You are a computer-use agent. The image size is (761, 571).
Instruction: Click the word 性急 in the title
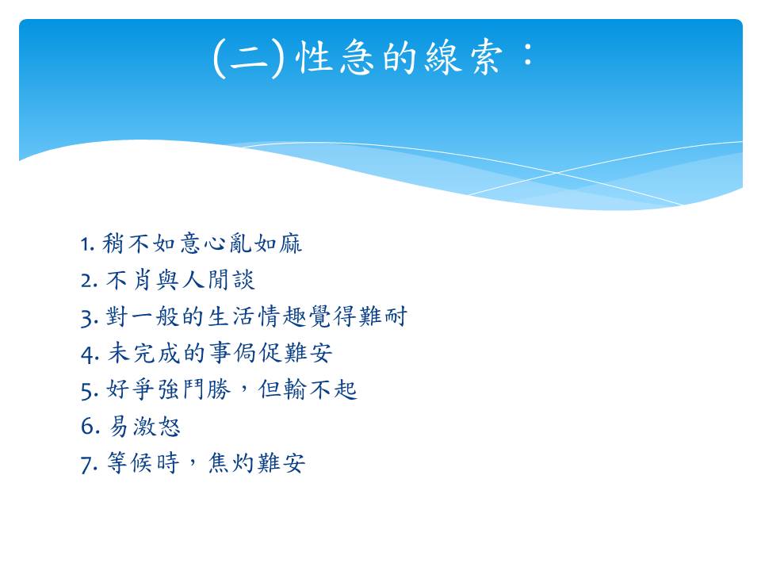click(335, 57)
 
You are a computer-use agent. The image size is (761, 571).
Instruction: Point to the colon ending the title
click(528, 53)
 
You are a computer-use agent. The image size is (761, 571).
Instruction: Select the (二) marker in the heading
click(248, 58)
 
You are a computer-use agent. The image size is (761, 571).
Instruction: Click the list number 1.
click(86, 244)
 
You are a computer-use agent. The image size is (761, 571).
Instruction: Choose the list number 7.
click(89, 464)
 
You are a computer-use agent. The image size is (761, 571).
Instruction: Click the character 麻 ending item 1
click(290, 243)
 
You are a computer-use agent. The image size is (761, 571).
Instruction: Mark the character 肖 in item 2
click(142, 280)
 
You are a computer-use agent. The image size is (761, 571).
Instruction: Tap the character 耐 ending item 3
click(396, 316)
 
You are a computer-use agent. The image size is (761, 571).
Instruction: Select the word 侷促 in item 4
click(257, 353)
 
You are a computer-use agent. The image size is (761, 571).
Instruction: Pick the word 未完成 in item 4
click(143, 353)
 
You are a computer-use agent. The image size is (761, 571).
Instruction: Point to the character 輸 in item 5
click(295, 389)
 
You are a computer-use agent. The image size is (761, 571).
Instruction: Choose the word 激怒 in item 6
click(156, 427)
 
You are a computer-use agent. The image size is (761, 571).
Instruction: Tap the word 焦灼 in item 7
click(231, 462)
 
